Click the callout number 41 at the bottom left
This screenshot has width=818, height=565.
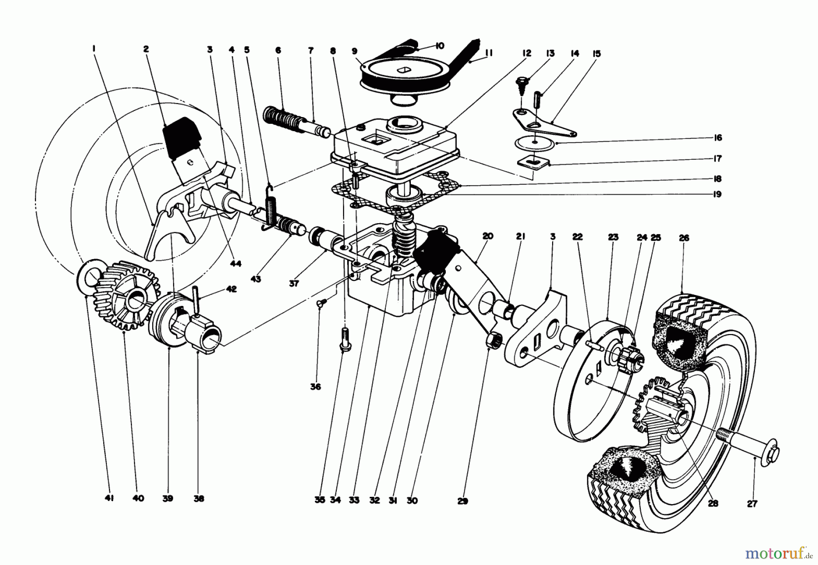(x=109, y=498)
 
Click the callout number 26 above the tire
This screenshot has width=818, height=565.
(x=683, y=238)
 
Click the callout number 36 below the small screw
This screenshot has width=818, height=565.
(x=315, y=387)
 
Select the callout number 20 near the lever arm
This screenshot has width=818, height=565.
(x=488, y=236)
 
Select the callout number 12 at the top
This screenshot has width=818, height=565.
(x=526, y=54)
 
